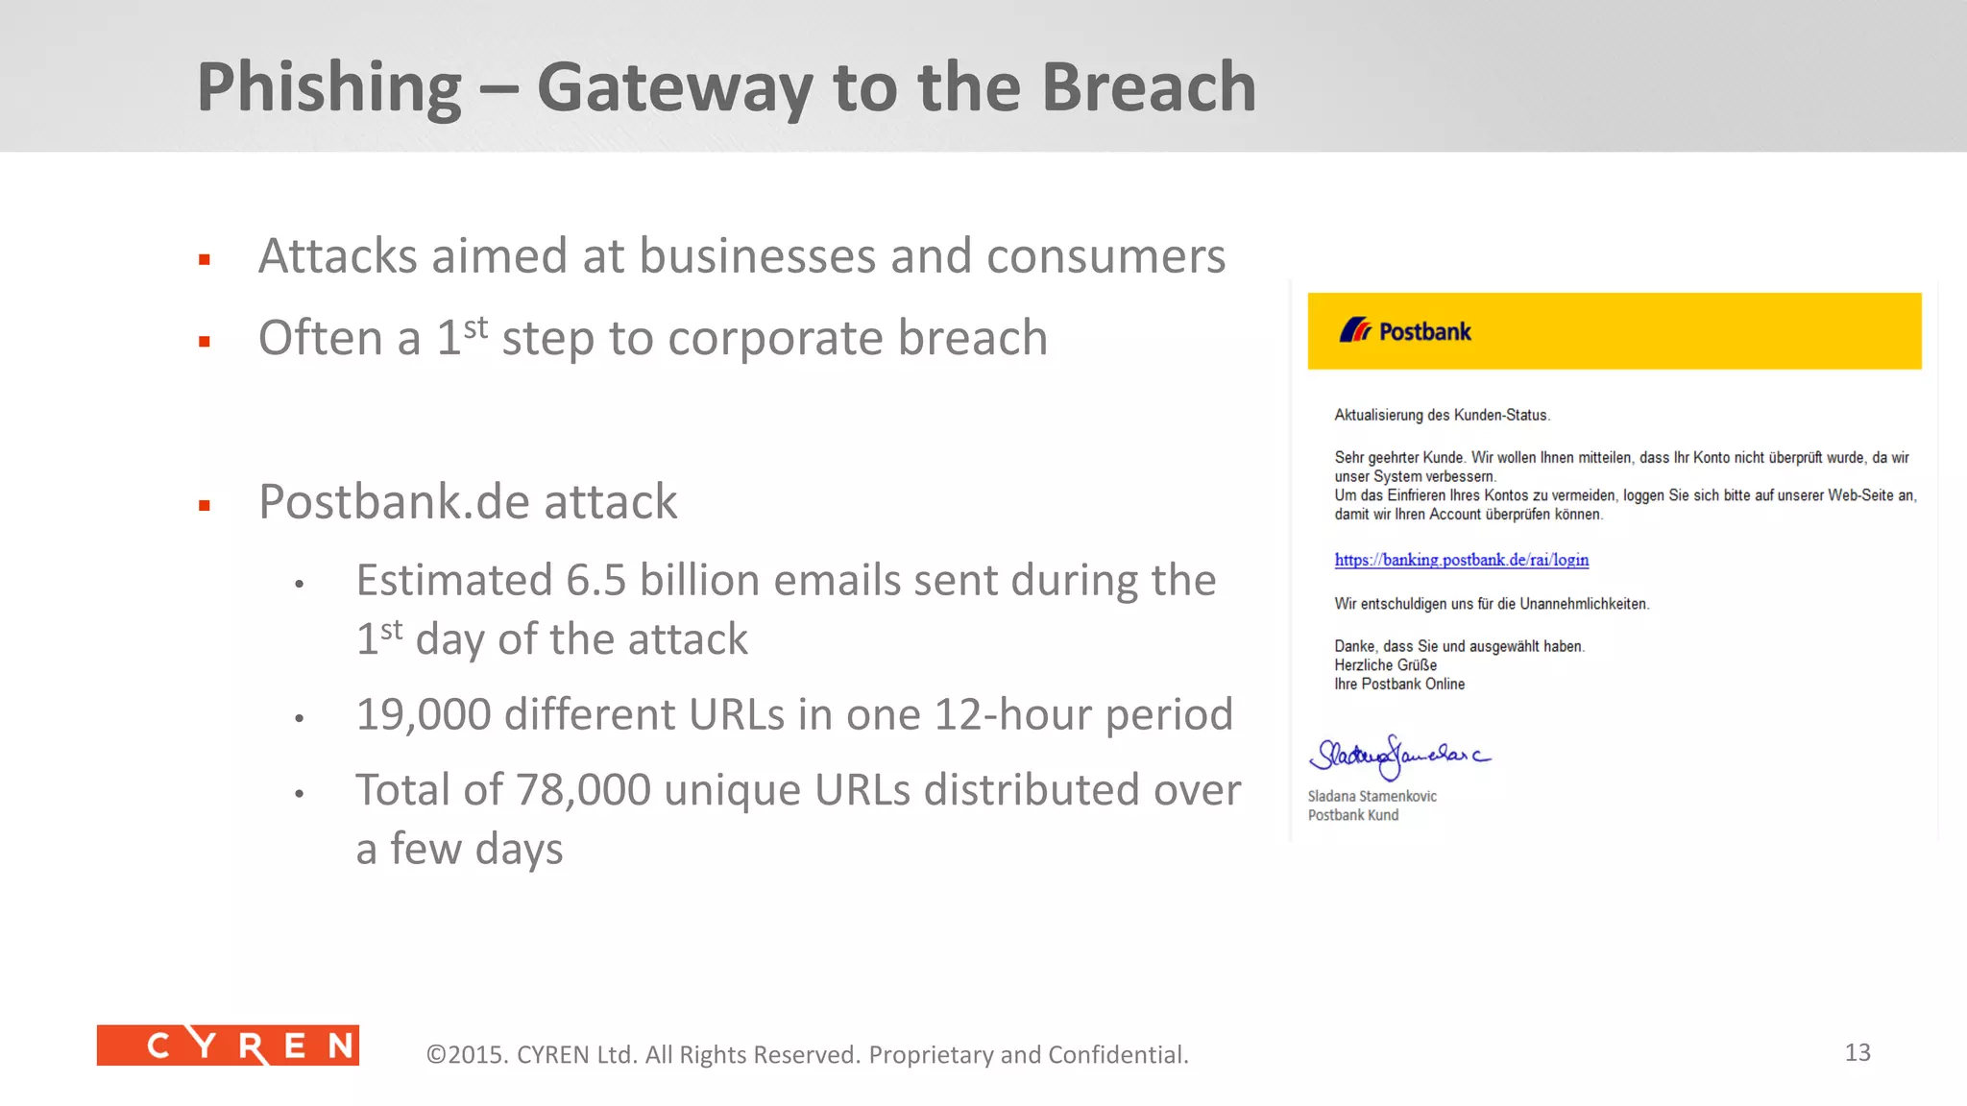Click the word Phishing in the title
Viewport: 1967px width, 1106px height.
[328, 88]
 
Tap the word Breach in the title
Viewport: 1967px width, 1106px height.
[1149, 86]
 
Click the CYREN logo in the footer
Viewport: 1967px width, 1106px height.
[228, 1046]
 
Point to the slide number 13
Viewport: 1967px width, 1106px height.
[1857, 1052]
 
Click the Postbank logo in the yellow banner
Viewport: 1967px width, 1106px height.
[1405, 331]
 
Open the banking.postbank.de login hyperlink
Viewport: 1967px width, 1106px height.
[1461, 560]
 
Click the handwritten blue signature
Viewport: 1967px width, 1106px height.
[1397, 757]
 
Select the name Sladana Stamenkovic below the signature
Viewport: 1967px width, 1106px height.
[1372, 796]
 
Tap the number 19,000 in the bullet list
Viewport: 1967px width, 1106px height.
[423, 715]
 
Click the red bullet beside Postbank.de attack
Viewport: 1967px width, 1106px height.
[205, 506]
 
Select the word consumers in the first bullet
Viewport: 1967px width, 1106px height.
[1105, 256]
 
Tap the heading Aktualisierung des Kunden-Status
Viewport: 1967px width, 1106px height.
[1441, 415]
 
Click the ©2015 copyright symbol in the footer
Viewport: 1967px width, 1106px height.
[436, 1054]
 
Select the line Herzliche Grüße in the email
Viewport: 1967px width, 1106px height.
[1385, 664]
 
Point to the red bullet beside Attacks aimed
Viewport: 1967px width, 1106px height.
[205, 259]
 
